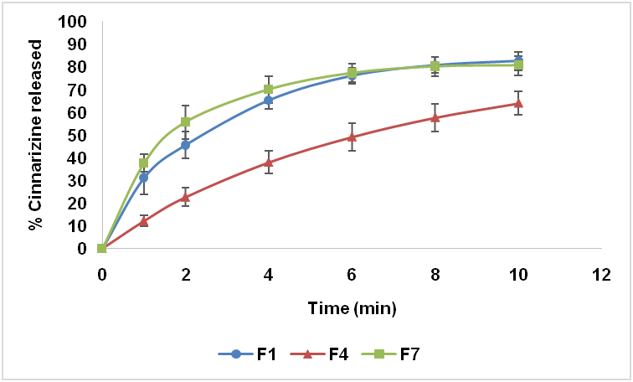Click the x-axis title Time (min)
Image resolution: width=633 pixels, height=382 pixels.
(351, 308)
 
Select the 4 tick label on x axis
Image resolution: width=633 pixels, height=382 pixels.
(268, 274)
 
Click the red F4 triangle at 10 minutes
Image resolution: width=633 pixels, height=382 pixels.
(518, 103)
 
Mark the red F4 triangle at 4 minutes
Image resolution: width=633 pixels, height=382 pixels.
(268, 162)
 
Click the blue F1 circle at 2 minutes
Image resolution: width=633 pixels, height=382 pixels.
(185, 144)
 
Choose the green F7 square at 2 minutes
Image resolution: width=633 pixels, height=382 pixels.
(185, 121)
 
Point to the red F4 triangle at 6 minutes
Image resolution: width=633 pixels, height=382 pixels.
(352, 137)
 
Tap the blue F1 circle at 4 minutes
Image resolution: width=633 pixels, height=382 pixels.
(268, 100)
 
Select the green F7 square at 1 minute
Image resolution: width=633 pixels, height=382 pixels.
(143, 163)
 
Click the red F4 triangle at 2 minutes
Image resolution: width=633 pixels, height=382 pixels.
(185, 197)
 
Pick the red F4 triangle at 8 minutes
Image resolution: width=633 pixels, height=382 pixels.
(435, 117)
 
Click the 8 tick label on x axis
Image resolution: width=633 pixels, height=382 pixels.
(435, 274)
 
